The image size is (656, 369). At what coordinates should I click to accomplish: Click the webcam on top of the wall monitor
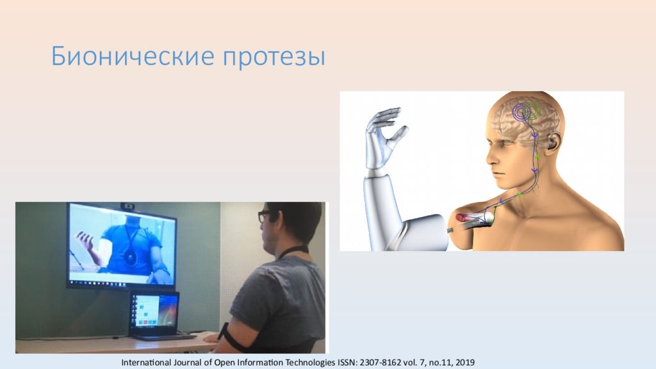(129, 206)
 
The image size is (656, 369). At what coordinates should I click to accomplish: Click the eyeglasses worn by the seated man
(264, 217)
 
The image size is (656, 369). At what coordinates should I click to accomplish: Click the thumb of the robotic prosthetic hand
(399, 135)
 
